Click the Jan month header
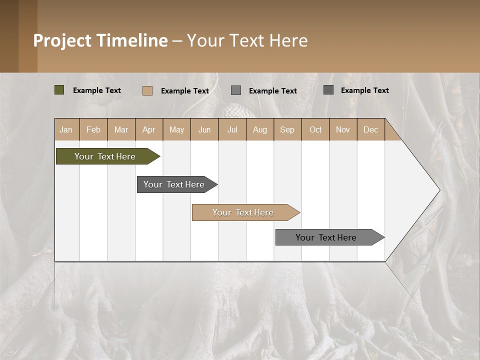click(x=66, y=129)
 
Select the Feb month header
click(x=93, y=129)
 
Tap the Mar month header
click(x=121, y=129)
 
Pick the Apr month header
click(x=149, y=129)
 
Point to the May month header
click(x=176, y=129)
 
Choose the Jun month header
click(x=204, y=129)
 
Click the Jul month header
click(x=232, y=129)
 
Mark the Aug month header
click(x=260, y=129)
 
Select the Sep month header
click(x=287, y=129)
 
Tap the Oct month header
click(x=315, y=129)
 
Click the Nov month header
click(x=343, y=129)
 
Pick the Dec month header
click(x=370, y=129)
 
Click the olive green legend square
click(x=59, y=90)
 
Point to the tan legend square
click(x=147, y=90)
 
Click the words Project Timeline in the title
click(x=100, y=40)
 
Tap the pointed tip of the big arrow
click(x=438, y=190)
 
